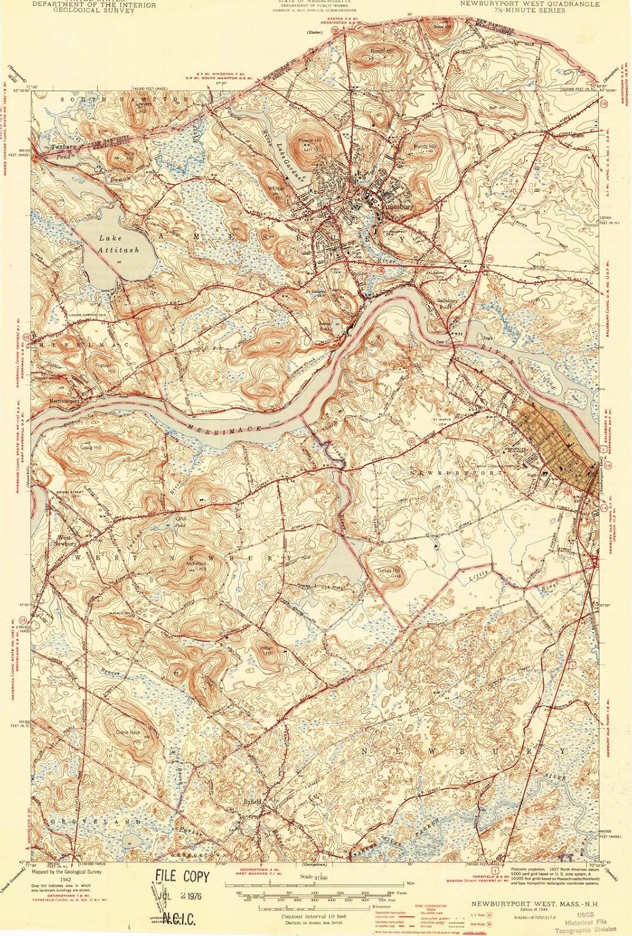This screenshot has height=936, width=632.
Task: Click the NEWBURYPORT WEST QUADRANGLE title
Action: [x=530, y=4]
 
